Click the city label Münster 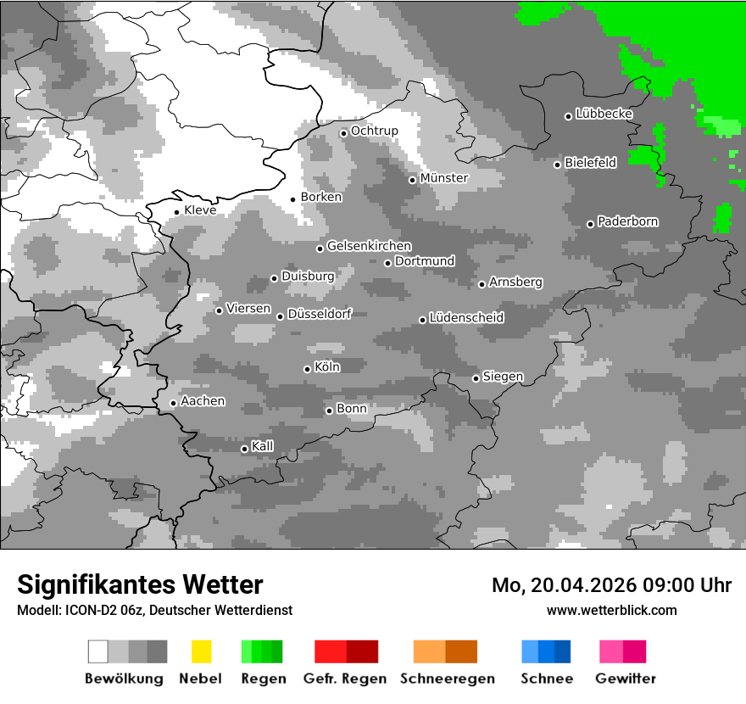tap(443, 178)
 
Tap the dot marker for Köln tap(307, 369)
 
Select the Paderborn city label tap(627, 222)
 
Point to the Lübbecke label tap(604, 114)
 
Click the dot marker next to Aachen tap(173, 403)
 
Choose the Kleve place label tap(200, 210)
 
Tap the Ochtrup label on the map tap(374, 131)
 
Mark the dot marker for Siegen tap(476, 378)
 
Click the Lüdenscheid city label tap(466, 318)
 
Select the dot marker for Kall tap(244, 449)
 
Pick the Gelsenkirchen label tap(369, 246)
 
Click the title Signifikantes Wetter tap(140, 585)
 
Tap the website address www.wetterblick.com tap(611, 610)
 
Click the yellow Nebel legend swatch tap(201, 651)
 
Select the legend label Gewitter tap(626, 679)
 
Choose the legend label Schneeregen tap(448, 679)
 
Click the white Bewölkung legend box tap(98, 651)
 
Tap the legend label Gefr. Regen tap(345, 679)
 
